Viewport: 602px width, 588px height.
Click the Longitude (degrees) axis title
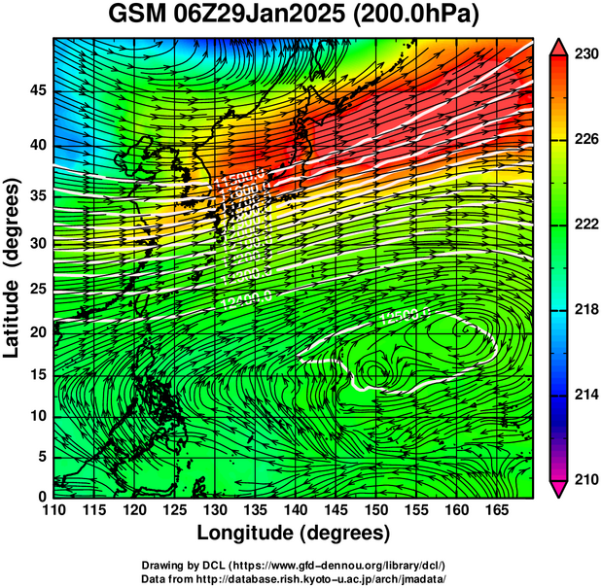coord(294,533)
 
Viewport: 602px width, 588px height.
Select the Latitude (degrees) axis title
coord(13,268)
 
